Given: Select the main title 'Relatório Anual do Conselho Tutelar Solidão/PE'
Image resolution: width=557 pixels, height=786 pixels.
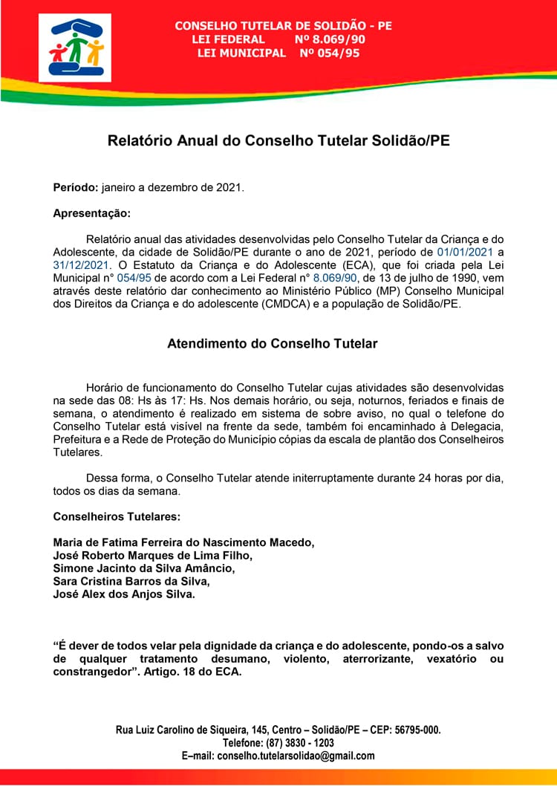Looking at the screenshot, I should pos(278,140).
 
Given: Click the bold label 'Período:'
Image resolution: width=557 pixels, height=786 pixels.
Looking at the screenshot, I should pos(76,188).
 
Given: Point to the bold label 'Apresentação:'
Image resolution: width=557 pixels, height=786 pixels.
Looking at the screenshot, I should pos(91,213).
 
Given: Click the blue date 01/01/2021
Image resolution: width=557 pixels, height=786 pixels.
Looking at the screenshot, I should pos(465,252).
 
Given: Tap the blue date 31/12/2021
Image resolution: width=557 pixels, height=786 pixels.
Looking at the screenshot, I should pos(81,264).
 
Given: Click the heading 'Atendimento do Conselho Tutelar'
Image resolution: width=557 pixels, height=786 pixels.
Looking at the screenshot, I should pos(273,344).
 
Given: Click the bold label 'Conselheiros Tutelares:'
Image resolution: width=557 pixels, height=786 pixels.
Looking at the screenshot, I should pos(117,516).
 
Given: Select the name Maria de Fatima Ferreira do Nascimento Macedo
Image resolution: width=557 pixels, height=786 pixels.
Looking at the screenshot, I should pos(183,542).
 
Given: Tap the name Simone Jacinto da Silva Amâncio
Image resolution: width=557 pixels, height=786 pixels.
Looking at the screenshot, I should pos(144,568).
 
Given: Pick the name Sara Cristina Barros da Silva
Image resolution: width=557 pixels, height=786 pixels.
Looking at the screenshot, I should pos(131,582).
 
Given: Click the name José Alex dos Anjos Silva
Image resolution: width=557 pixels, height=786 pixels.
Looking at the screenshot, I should pos(124,594).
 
